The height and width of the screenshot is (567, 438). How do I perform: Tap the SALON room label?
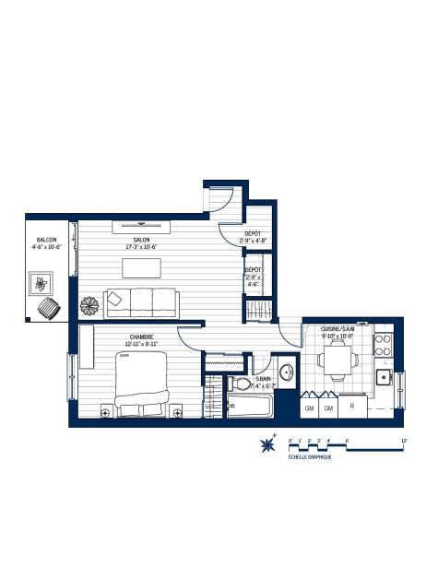pyautogui.click(x=141, y=242)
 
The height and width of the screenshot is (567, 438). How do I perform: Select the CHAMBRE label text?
pyautogui.click(x=140, y=337)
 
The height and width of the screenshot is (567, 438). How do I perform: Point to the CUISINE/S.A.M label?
pyautogui.click(x=337, y=329)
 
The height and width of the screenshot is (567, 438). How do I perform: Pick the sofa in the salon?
pyautogui.click(x=140, y=301)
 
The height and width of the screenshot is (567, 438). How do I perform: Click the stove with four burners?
pyautogui.click(x=384, y=346)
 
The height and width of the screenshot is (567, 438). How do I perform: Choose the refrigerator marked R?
pyautogui.click(x=351, y=405)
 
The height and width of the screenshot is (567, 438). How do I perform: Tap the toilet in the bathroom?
pyautogui.click(x=243, y=384)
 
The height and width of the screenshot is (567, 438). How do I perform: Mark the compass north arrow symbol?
pyautogui.click(x=268, y=444)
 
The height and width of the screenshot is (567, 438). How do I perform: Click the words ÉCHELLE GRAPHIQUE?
pyautogui.click(x=309, y=457)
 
